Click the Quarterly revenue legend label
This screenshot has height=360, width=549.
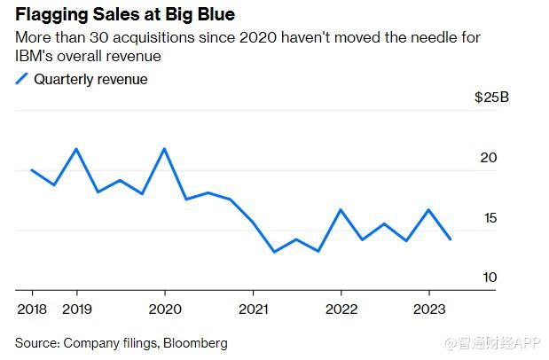point(90,79)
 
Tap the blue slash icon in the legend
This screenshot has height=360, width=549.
point(22,80)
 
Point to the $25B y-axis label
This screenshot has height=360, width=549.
point(491,98)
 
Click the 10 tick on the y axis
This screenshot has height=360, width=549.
point(489,278)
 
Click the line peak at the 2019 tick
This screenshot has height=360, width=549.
point(76,149)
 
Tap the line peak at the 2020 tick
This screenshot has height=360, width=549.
point(165,149)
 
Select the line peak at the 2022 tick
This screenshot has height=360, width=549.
point(341,210)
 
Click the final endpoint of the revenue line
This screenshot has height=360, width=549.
point(451,239)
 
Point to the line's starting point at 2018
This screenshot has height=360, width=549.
point(32,169)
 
